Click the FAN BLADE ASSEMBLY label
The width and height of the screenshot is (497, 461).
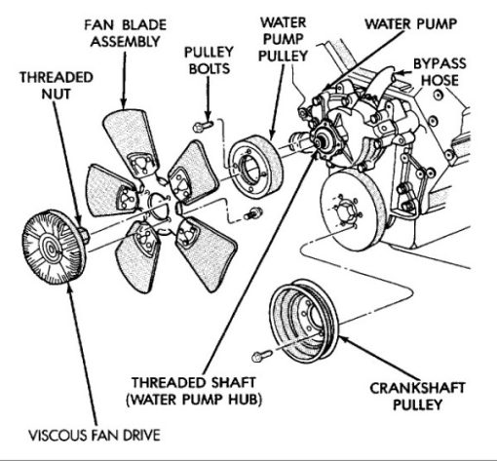click(126, 33)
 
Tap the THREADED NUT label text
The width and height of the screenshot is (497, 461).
click(57, 86)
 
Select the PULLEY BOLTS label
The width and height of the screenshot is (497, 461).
click(210, 60)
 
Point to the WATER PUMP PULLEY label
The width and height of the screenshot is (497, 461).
click(283, 39)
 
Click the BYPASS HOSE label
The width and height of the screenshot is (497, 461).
click(440, 72)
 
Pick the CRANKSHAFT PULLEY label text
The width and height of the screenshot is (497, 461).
click(417, 397)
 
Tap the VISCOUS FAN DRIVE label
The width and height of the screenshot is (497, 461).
click(95, 436)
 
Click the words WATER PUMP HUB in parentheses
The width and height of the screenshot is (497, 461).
click(194, 400)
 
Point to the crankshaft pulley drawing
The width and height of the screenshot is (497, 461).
click(304, 321)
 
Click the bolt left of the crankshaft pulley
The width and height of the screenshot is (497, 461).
click(262, 356)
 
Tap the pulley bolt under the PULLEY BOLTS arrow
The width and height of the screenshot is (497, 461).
click(203, 126)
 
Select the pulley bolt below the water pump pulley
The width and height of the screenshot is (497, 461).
click(252, 213)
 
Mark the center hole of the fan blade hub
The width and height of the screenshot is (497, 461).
click(158, 206)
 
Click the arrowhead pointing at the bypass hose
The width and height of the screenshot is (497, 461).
click(401, 73)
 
